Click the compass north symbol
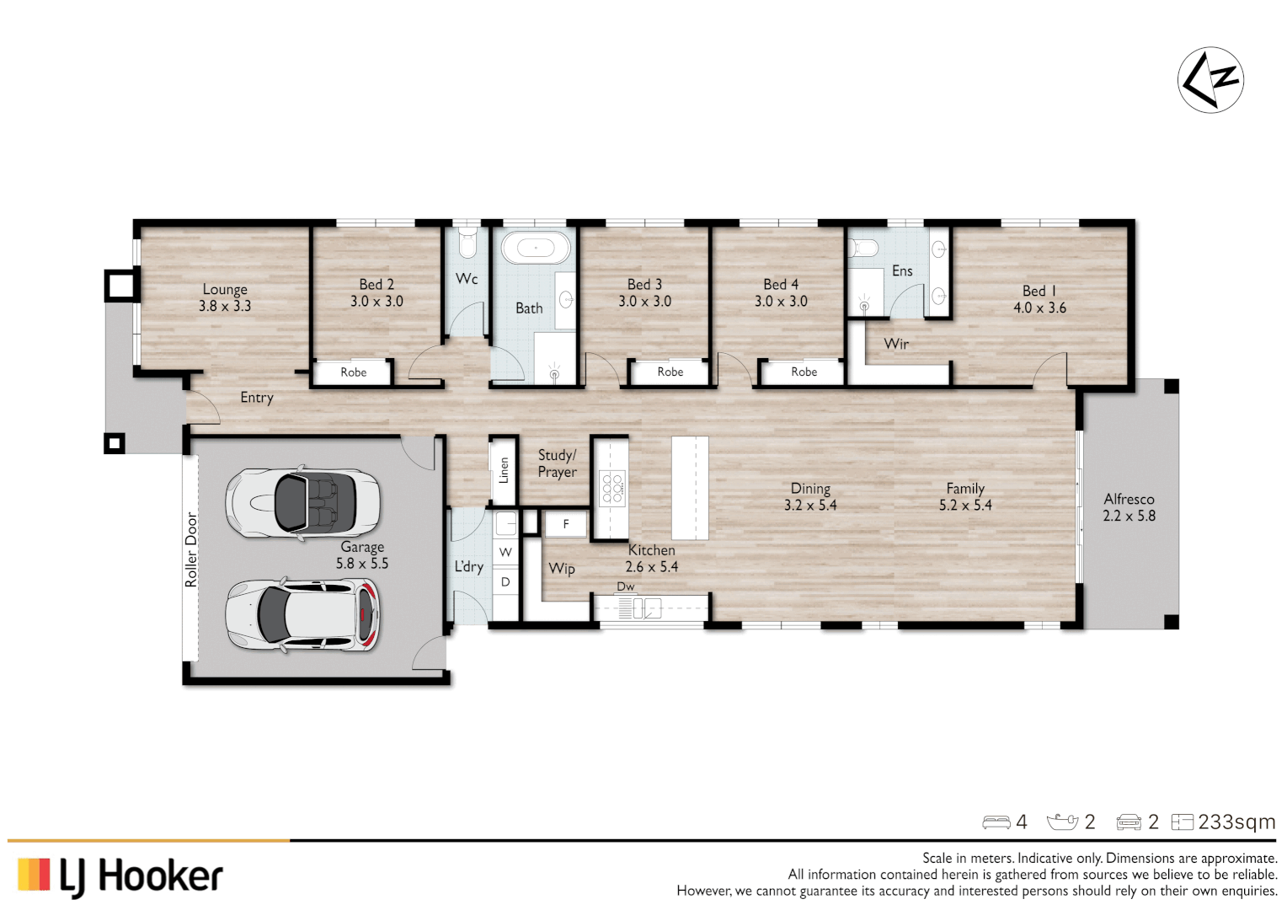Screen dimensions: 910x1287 1210,80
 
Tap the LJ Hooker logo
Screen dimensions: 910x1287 120,876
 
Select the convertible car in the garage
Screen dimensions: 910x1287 302,503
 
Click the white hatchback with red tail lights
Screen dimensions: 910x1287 302,614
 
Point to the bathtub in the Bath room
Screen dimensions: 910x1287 535,248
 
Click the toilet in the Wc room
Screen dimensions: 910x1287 467,244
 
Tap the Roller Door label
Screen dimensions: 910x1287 191,549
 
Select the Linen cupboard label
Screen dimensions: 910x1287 504,470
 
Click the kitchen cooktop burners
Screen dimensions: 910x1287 612,488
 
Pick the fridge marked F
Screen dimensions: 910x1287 565,524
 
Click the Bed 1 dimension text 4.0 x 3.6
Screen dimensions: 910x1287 1039,308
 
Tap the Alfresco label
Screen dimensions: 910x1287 1129,499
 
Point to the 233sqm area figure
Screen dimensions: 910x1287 1236,822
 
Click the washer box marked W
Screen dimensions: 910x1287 505,553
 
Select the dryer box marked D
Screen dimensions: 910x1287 505,581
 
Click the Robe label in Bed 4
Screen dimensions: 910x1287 804,372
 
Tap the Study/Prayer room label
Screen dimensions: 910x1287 557,463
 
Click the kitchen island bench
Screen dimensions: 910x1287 689,488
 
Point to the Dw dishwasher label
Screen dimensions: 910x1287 626,586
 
